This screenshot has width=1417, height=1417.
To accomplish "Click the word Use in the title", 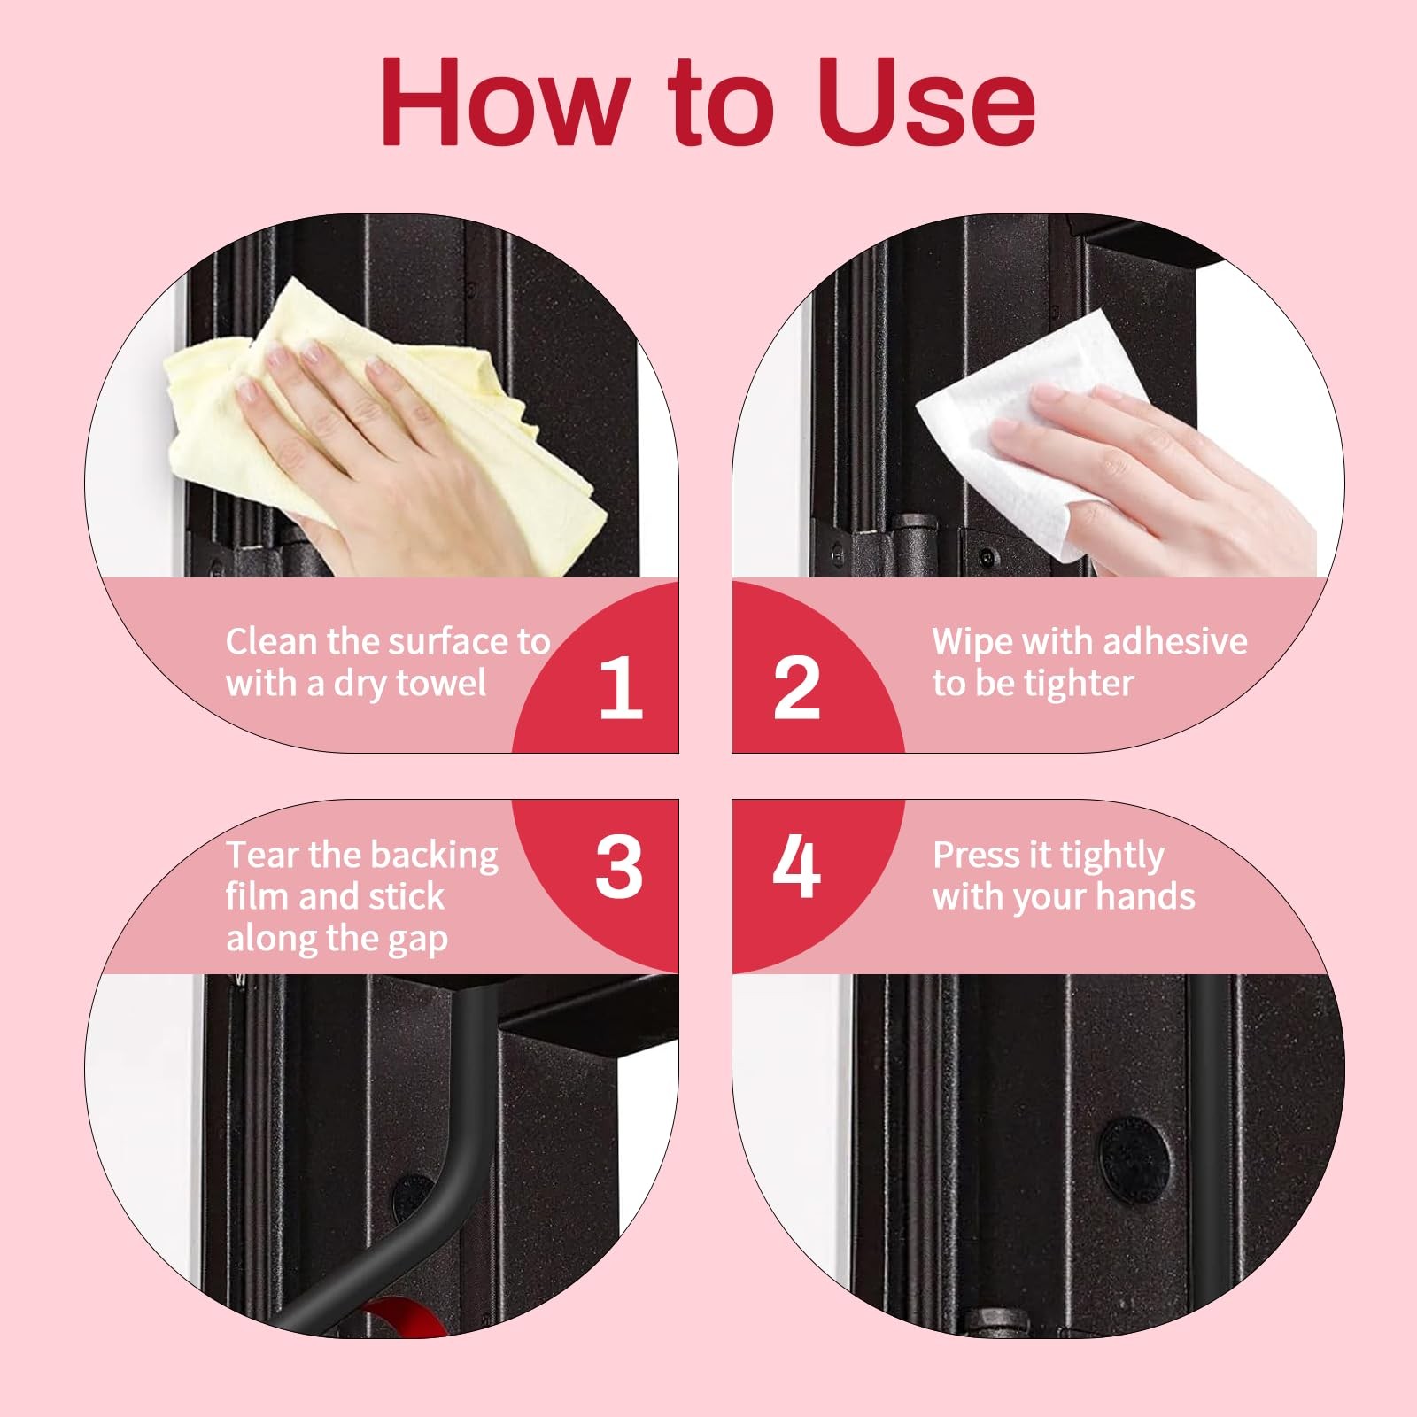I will click(x=925, y=102).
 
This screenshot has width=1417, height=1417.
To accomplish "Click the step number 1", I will click(x=620, y=688).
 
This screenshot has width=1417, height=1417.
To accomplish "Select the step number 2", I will click(x=796, y=688).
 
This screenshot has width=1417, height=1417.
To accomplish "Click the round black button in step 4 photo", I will click(x=1134, y=1159).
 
